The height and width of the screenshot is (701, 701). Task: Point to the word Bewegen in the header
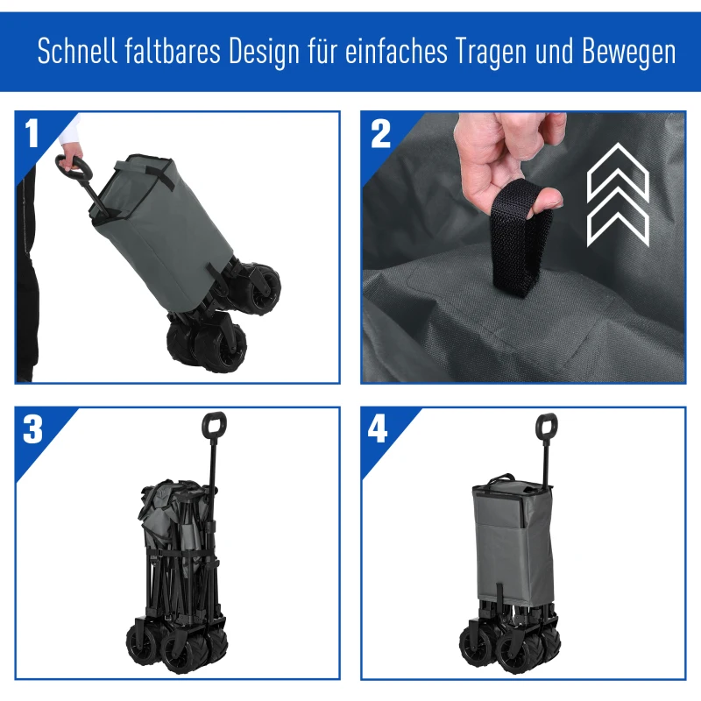(x=628, y=53)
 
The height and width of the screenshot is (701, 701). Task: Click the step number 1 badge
(x=32, y=134)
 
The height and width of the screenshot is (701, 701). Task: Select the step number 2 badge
(x=380, y=134)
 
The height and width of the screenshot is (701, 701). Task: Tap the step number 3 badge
(x=32, y=429)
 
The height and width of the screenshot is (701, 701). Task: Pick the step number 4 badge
(x=379, y=429)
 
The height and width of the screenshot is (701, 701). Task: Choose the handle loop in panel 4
(x=546, y=427)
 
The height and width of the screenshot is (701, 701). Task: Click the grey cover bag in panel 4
(x=513, y=543)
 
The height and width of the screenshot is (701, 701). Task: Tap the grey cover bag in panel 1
(x=166, y=228)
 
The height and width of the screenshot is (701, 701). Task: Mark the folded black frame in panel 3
(x=180, y=570)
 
